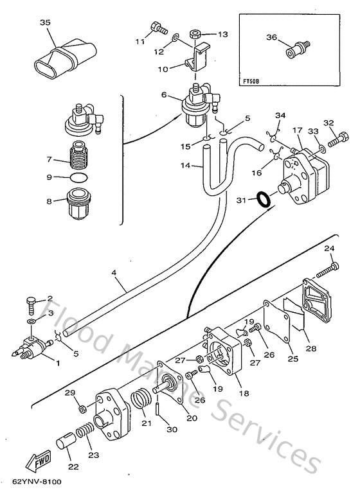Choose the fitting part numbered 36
point(297,49)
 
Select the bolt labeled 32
point(334,137)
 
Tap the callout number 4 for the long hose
point(113,272)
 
